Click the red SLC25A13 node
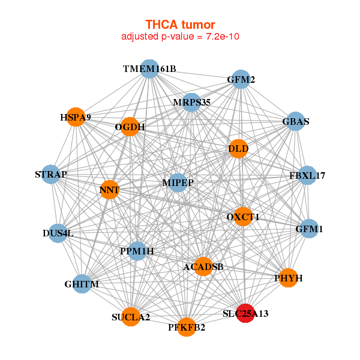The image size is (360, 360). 245,313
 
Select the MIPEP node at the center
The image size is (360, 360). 178,183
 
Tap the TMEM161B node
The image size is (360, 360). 149,69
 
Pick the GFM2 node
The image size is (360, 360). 241,79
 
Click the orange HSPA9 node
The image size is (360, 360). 76,117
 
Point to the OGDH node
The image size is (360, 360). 130,127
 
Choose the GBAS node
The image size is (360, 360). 296,121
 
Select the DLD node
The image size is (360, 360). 238,149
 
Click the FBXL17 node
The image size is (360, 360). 307,175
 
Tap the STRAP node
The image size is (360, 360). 51,174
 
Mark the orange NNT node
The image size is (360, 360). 110,190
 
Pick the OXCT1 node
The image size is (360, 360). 242,217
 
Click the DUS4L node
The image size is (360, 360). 58,233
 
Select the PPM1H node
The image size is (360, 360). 137,251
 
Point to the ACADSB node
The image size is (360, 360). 203,266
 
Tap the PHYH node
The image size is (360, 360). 289,278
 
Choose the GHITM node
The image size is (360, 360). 82,284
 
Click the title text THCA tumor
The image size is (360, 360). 180,25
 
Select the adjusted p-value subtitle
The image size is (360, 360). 180,37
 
